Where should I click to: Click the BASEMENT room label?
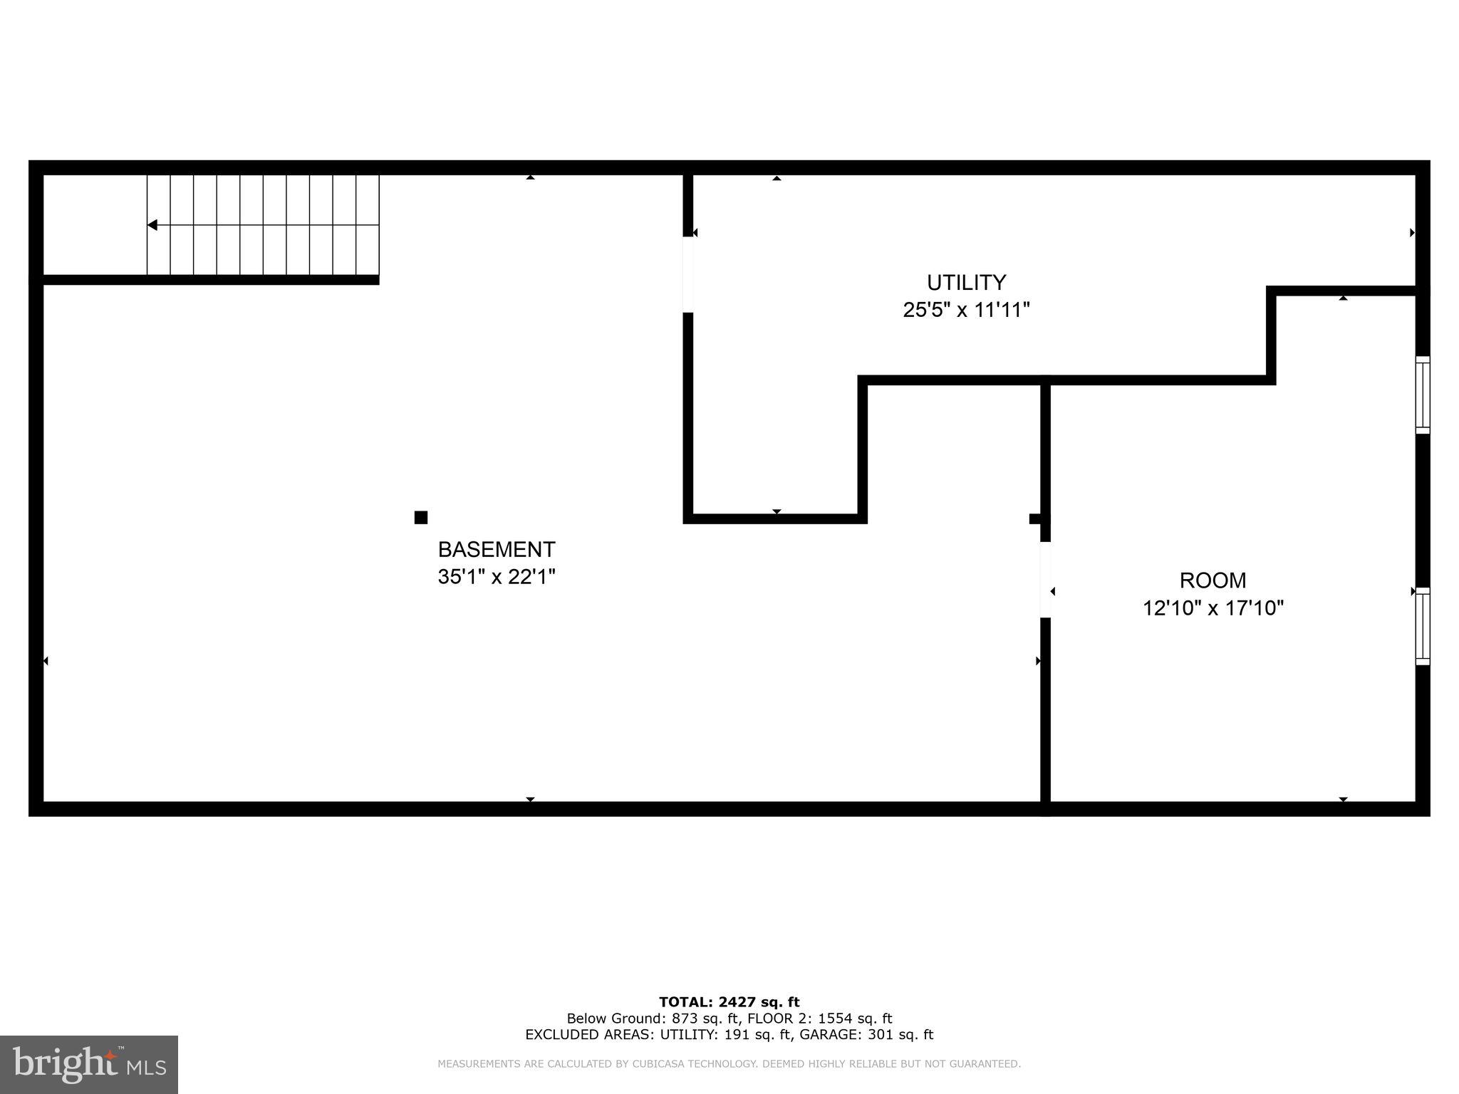pos(496,549)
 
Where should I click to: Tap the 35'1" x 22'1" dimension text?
pos(496,576)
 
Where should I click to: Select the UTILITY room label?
pos(966,283)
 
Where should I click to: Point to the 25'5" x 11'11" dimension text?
pos(966,310)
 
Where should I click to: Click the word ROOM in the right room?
pos(1213,580)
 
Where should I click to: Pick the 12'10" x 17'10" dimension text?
pos(1213,608)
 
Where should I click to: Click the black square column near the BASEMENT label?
pos(421,517)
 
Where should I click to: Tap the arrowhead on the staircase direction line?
pos(152,225)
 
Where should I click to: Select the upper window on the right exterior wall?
pos(1422,395)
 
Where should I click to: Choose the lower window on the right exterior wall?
pos(1422,626)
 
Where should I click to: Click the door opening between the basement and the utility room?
pos(688,274)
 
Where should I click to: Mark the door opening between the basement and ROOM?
pos(1045,580)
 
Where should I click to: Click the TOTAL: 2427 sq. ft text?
pos(729,1002)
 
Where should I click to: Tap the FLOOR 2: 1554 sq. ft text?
pos(819,1019)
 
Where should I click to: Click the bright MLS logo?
pos(89,1064)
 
